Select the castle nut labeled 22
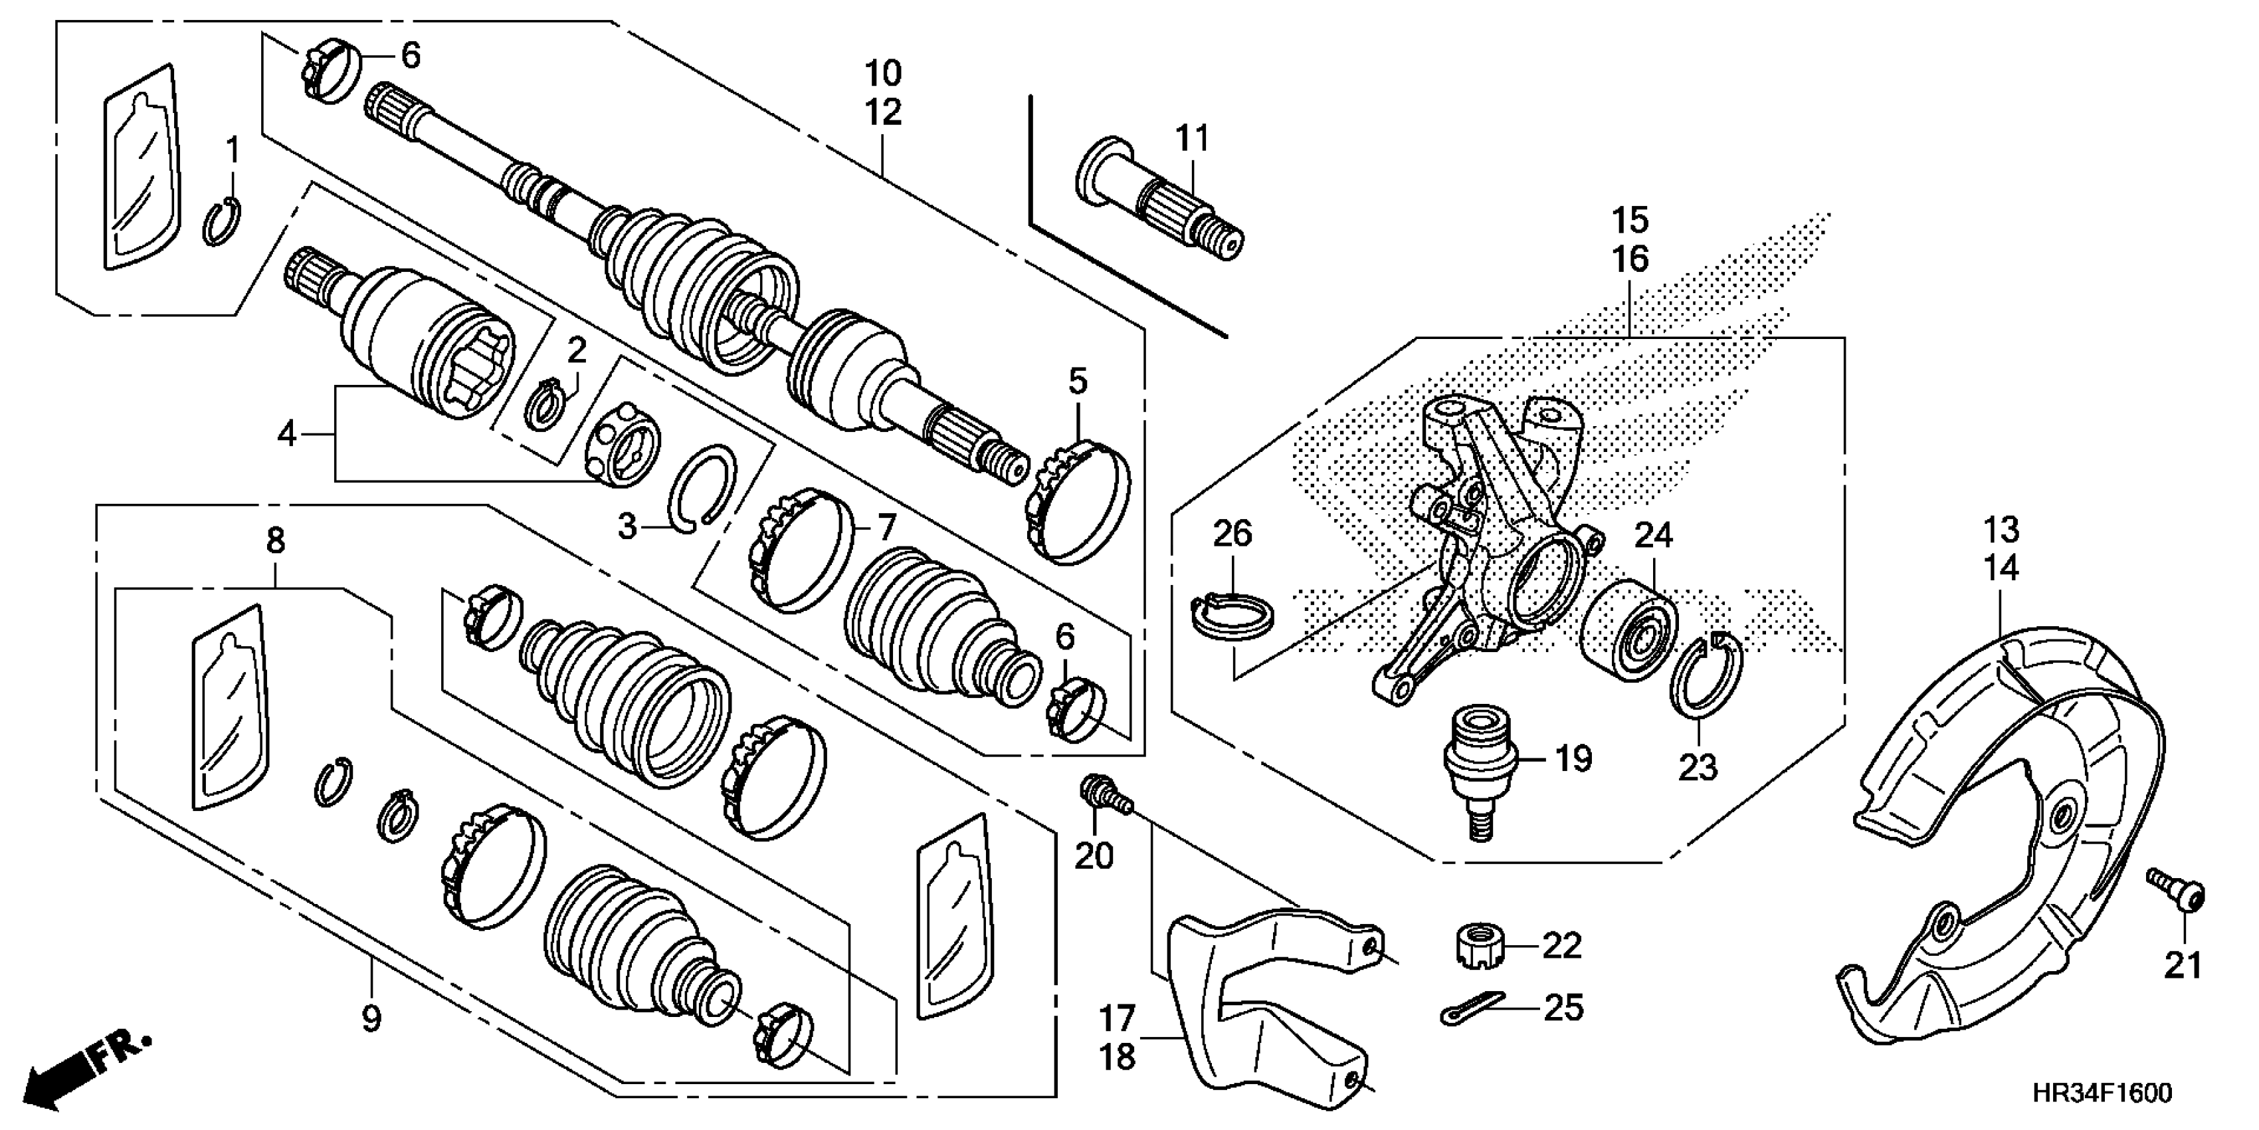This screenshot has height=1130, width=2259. point(1480,947)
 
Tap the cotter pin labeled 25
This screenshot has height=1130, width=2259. point(1472,1008)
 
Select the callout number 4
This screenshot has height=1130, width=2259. point(287,434)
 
